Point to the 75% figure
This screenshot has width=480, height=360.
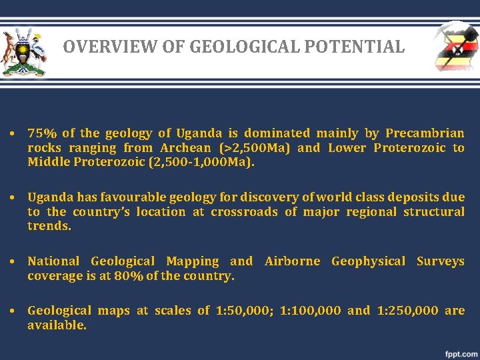(41, 133)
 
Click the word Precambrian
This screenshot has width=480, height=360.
(425, 133)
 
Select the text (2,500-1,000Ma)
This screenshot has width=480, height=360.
(204, 162)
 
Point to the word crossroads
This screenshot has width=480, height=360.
(243, 212)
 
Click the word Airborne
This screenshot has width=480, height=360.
(293, 261)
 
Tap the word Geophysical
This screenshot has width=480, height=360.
(367, 261)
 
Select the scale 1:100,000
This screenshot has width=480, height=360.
(310, 311)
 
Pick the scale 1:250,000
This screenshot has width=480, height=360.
(408, 311)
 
